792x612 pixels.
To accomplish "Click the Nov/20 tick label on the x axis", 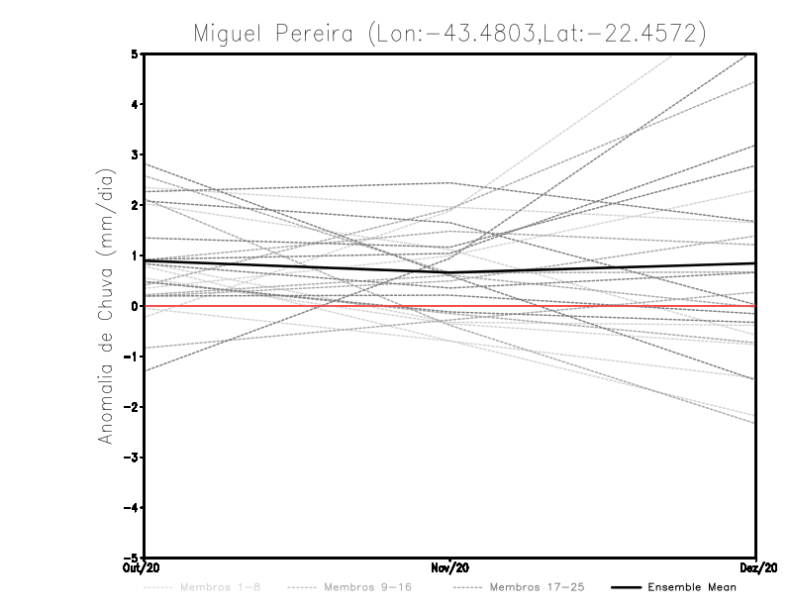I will (x=450, y=567).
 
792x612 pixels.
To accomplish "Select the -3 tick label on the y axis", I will (x=132, y=458).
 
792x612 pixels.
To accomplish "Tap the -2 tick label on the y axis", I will (x=132, y=407).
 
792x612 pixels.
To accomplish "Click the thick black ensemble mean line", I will (x=297, y=265).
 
